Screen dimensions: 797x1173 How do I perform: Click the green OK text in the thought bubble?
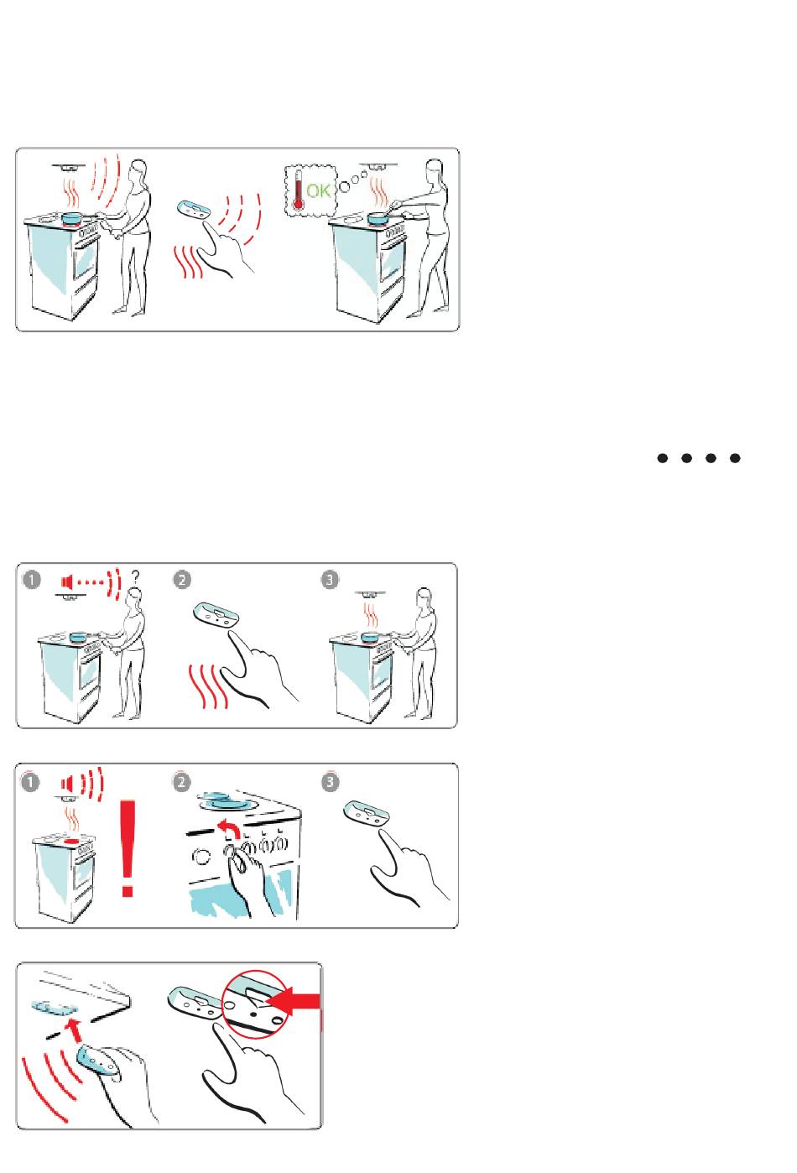pyautogui.click(x=319, y=190)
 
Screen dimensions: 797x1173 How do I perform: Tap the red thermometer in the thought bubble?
pyautogui.click(x=299, y=190)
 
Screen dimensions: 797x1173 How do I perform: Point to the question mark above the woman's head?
pyautogui.click(x=136, y=577)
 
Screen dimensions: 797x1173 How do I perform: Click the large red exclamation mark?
pyautogui.click(x=128, y=848)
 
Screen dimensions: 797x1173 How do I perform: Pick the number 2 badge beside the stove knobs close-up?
pyautogui.click(x=181, y=782)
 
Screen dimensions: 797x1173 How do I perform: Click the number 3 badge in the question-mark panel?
pyautogui.click(x=330, y=580)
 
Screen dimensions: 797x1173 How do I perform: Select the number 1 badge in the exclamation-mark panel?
pyautogui.click(x=30, y=782)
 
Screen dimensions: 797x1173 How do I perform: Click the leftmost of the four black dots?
pyautogui.click(x=663, y=458)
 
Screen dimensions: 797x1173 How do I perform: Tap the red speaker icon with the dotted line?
pyautogui.click(x=65, y=581)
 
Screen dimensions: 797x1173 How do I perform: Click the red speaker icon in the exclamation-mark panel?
pyautogui.click(x=66, y=785)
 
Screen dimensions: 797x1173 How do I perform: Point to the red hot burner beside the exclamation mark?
pyautogui.click(x=72, y=841)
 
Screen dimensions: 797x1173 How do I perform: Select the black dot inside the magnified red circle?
pyautogui.click(x=253, y=1014)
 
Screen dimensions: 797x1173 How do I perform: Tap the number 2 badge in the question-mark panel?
pyautogui.click(x=182, y=581)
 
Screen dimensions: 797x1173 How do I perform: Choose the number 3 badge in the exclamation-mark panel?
pyautogui.click(x=330, y=782)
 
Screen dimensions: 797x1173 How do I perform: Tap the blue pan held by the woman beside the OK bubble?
pyautogui.click(x=378, y=217)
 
